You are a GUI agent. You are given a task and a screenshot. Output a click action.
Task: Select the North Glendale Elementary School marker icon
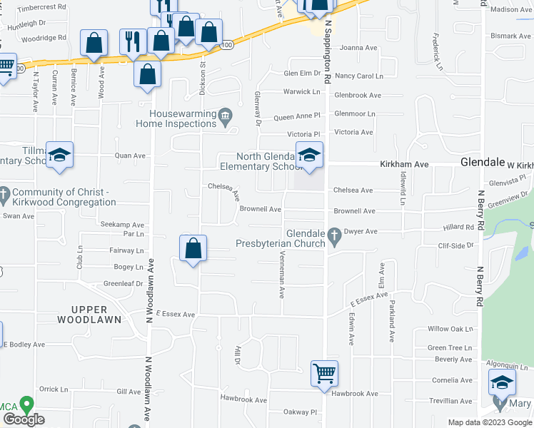coord(310,156)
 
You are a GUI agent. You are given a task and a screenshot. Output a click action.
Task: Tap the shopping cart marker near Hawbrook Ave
coord(324,372)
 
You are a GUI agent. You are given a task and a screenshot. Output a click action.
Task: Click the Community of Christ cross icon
coord(4,193)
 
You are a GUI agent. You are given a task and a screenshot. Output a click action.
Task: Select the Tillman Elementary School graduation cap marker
coord(60,156)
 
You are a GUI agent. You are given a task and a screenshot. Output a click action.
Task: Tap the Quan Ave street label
coord(131,156)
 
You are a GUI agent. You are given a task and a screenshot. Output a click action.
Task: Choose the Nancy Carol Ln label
coord(359,76)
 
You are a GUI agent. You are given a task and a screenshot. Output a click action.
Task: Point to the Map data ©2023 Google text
coord(489,422)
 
